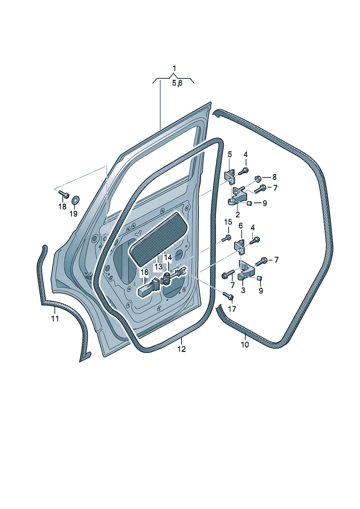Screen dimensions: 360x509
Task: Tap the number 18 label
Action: coord(62,206)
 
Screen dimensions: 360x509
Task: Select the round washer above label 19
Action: coord(75,200)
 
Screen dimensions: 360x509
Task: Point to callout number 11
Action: coord(55,319)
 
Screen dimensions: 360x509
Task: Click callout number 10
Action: coord(245,345)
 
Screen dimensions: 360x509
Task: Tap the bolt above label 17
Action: coord(228,295)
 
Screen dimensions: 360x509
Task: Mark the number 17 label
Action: coord(232,309)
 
